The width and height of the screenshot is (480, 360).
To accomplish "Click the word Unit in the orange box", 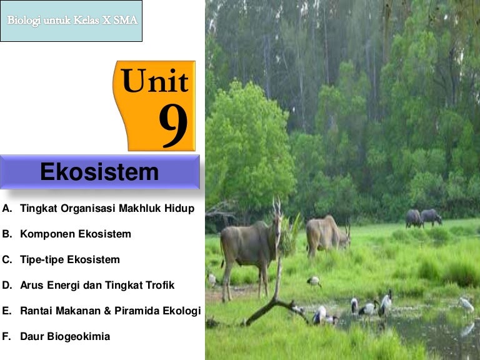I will pyautogui.click(x=154, y=81).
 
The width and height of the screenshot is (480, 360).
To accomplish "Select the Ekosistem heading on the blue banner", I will pyautogui.click(x=99, y=172).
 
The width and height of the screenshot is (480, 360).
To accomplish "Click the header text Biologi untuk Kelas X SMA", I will pyautogui.click(x=72, y=20).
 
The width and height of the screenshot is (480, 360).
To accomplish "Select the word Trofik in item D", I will pyautogui.click(x=158, y=285).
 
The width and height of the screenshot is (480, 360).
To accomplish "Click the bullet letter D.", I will pyautogui.click(x=7, y=285).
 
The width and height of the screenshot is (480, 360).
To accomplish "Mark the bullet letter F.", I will pyautogui.click(x=7, y=336).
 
